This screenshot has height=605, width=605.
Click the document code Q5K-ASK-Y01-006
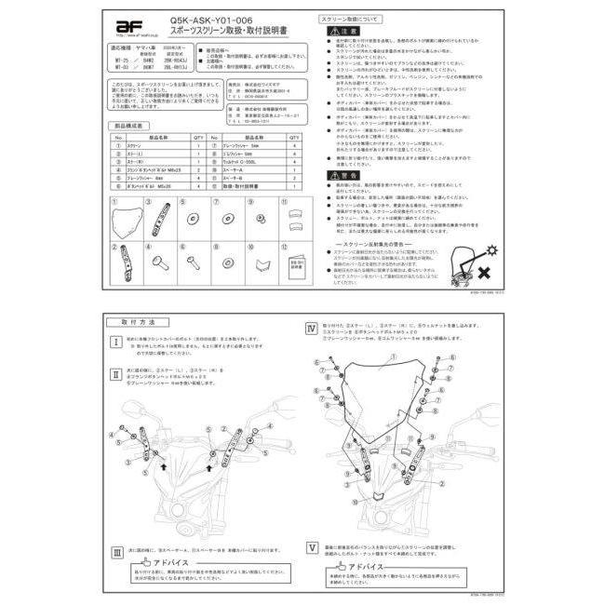coord(204,20)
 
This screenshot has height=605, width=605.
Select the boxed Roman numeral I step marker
coord(116,343)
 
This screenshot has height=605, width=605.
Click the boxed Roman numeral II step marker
coord(116,374)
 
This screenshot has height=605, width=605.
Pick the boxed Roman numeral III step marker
coord(116,551)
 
